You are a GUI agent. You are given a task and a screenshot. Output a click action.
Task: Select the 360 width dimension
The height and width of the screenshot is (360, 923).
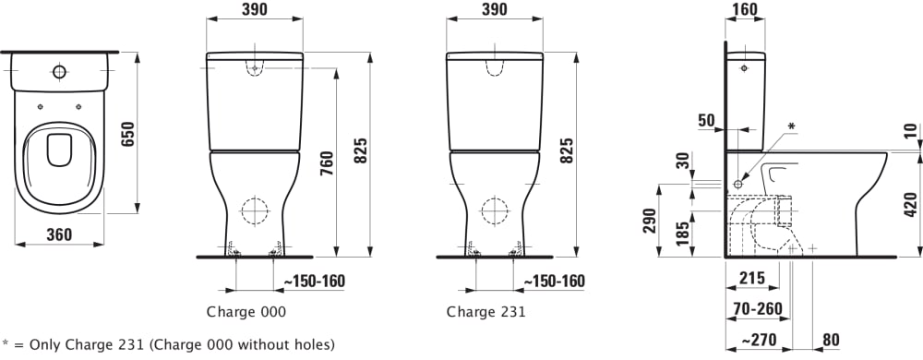coord(59,234)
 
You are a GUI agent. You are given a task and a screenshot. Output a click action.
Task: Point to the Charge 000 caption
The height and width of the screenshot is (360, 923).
coord(246,312)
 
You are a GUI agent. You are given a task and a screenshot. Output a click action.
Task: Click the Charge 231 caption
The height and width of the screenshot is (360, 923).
coord(485,312)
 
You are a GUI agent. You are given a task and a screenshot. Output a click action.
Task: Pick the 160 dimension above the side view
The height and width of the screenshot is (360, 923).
coord(745,9)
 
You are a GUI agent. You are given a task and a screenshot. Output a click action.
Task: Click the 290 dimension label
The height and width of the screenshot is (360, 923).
coord(649,220)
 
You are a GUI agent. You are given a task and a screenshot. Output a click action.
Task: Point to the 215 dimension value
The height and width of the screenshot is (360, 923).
coord(751,278)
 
